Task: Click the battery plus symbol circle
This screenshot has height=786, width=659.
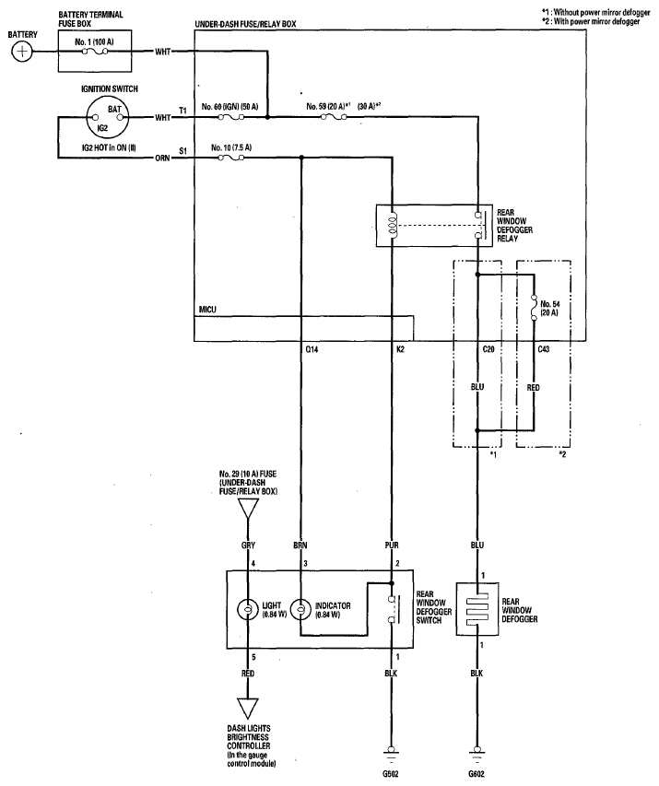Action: [21, 52]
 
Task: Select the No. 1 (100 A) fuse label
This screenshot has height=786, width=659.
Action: [94, 42]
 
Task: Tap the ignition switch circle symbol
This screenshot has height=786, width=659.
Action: [107, 118]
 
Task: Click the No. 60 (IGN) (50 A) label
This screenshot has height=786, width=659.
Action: [229, 107]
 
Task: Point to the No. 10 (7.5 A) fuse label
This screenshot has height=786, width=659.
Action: [231, 147]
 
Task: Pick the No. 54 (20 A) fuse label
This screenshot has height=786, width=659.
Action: [549, 309]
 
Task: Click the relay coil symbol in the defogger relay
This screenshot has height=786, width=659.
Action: [393, 224]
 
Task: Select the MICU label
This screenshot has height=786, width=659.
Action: [207, 310]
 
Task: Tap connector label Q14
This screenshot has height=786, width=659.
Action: [312, 349]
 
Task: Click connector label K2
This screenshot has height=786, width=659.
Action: [400, 349]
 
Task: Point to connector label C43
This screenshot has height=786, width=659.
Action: [544, 349]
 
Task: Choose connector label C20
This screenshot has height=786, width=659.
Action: [488, 349]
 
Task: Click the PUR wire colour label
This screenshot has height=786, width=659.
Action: [392, 546]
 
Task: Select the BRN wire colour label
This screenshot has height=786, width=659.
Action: [300, 546]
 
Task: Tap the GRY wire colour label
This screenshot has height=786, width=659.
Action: [248, 546]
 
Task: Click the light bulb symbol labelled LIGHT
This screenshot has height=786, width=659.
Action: [248, 610]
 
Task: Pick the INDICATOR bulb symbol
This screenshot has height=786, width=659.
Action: [300, 610]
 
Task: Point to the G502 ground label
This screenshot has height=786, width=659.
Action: [391, 774]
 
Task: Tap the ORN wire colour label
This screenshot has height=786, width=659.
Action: [162, 158]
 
